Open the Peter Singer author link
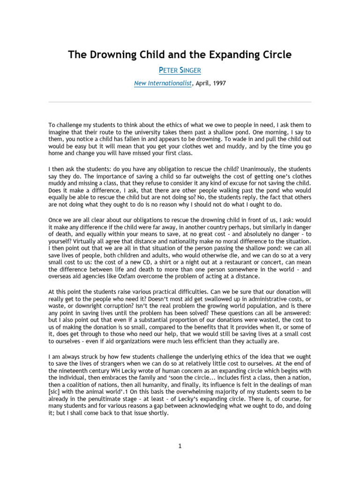click(x=180, y=70)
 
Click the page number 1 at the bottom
click(x=180, y=446)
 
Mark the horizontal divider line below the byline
click(x=180, y=102)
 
